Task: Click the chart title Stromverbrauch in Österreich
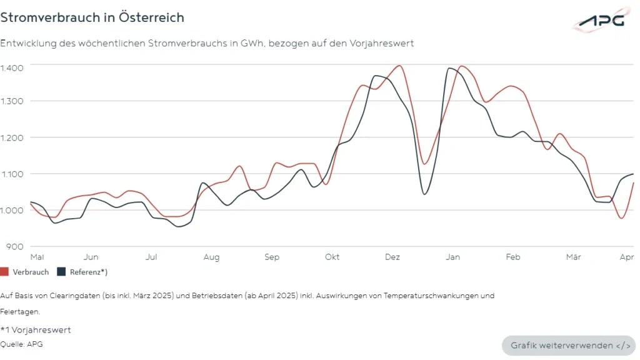click(92, 17)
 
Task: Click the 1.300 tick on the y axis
click(12, 101)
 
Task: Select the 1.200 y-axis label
click(12, 137)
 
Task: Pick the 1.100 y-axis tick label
click(12, 174)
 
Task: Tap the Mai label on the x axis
click(37, 257)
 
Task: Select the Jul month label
click(151, 257)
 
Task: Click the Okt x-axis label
click(332, 257)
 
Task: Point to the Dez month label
click(392, 257)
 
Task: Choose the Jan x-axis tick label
click(452, 257)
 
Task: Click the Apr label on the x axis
click(626, 257)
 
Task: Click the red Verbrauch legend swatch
click(4, 272)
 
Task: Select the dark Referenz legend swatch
click(61, 272)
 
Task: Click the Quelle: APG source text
click(22, 344)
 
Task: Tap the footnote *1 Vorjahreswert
click(36, 330)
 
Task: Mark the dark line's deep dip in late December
click(424, 194)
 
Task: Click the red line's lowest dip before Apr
click(621, 217)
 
